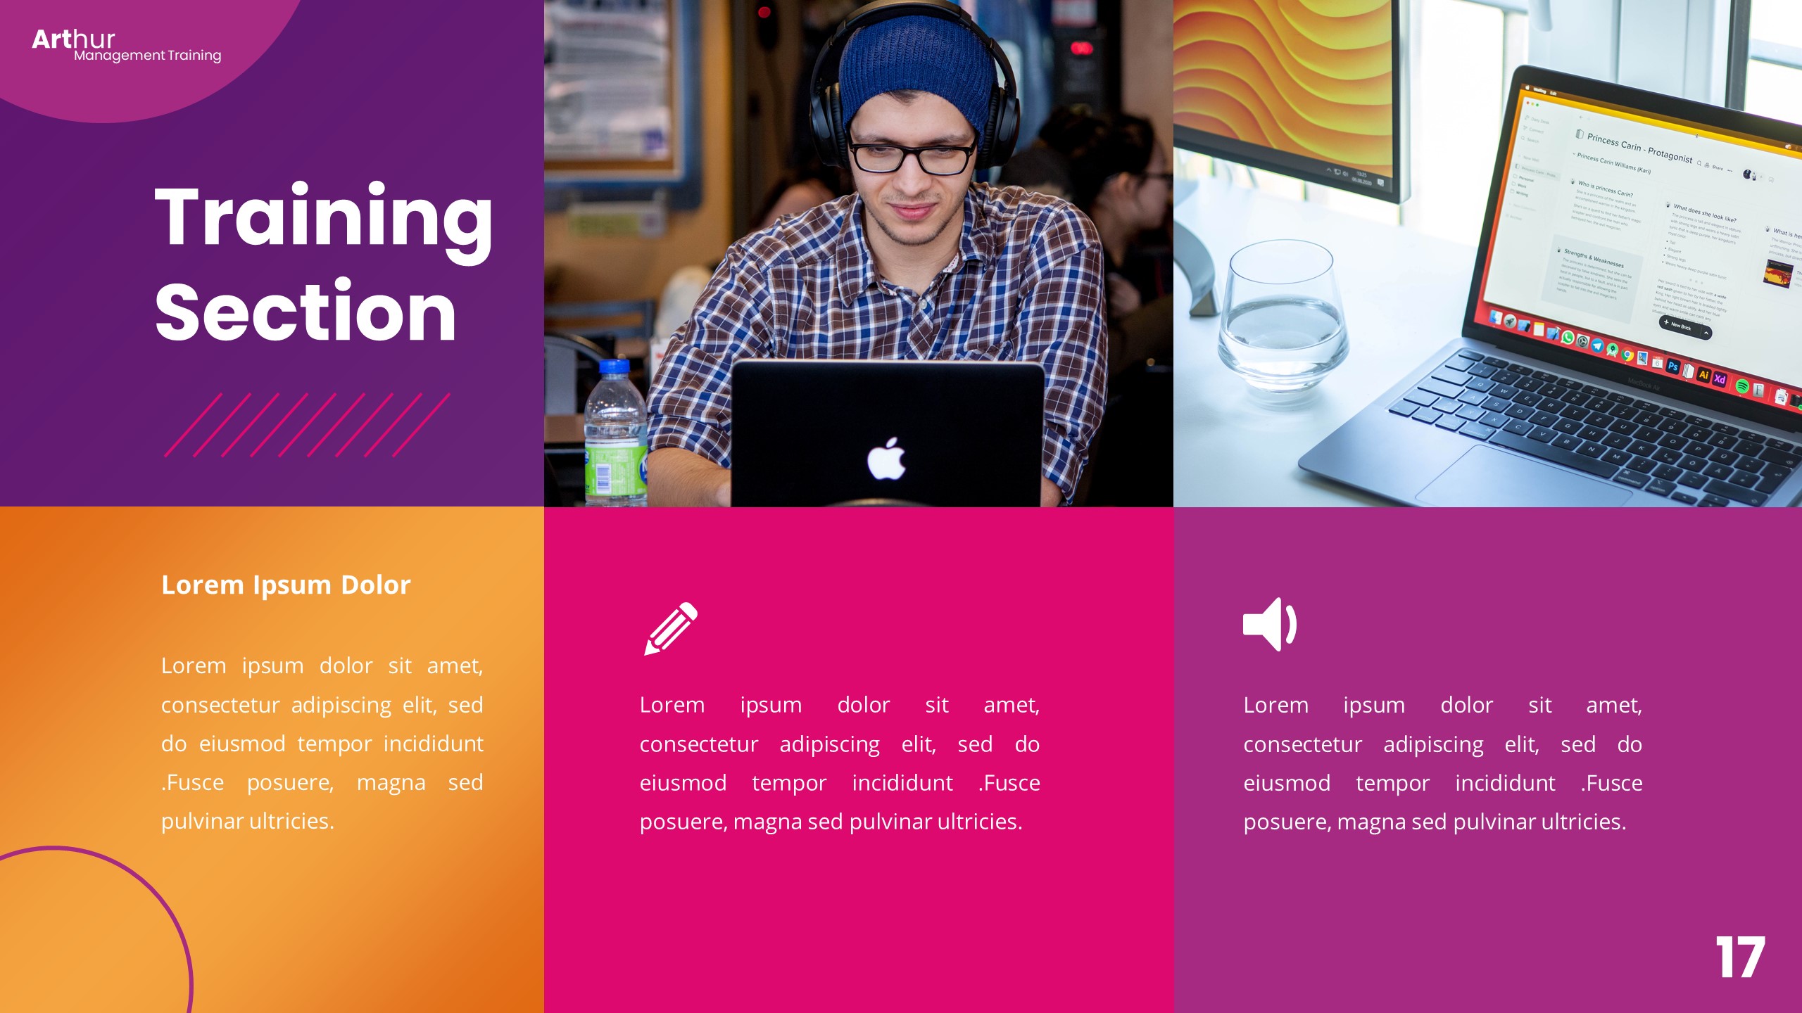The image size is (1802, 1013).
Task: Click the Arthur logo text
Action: (x=73, y=39)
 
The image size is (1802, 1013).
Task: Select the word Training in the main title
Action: (x=323, y=218)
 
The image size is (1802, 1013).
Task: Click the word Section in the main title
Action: (x=305, y=312)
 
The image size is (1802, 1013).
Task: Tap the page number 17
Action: (x=1740, y=957)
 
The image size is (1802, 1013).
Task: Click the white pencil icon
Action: (x=670, y=628)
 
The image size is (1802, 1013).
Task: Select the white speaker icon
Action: (x=1269, y=624)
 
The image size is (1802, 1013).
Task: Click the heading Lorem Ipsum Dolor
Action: (x=286, y=585)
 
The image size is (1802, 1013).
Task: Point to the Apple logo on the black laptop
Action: (x=886, y=459)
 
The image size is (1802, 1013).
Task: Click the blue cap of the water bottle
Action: (x=614, y=367)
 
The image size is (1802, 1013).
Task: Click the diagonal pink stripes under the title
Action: (x=307, y=425)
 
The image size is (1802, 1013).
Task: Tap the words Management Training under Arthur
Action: (x=148, y=56)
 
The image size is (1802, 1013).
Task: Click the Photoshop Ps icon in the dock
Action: (x=1673, y=366)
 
